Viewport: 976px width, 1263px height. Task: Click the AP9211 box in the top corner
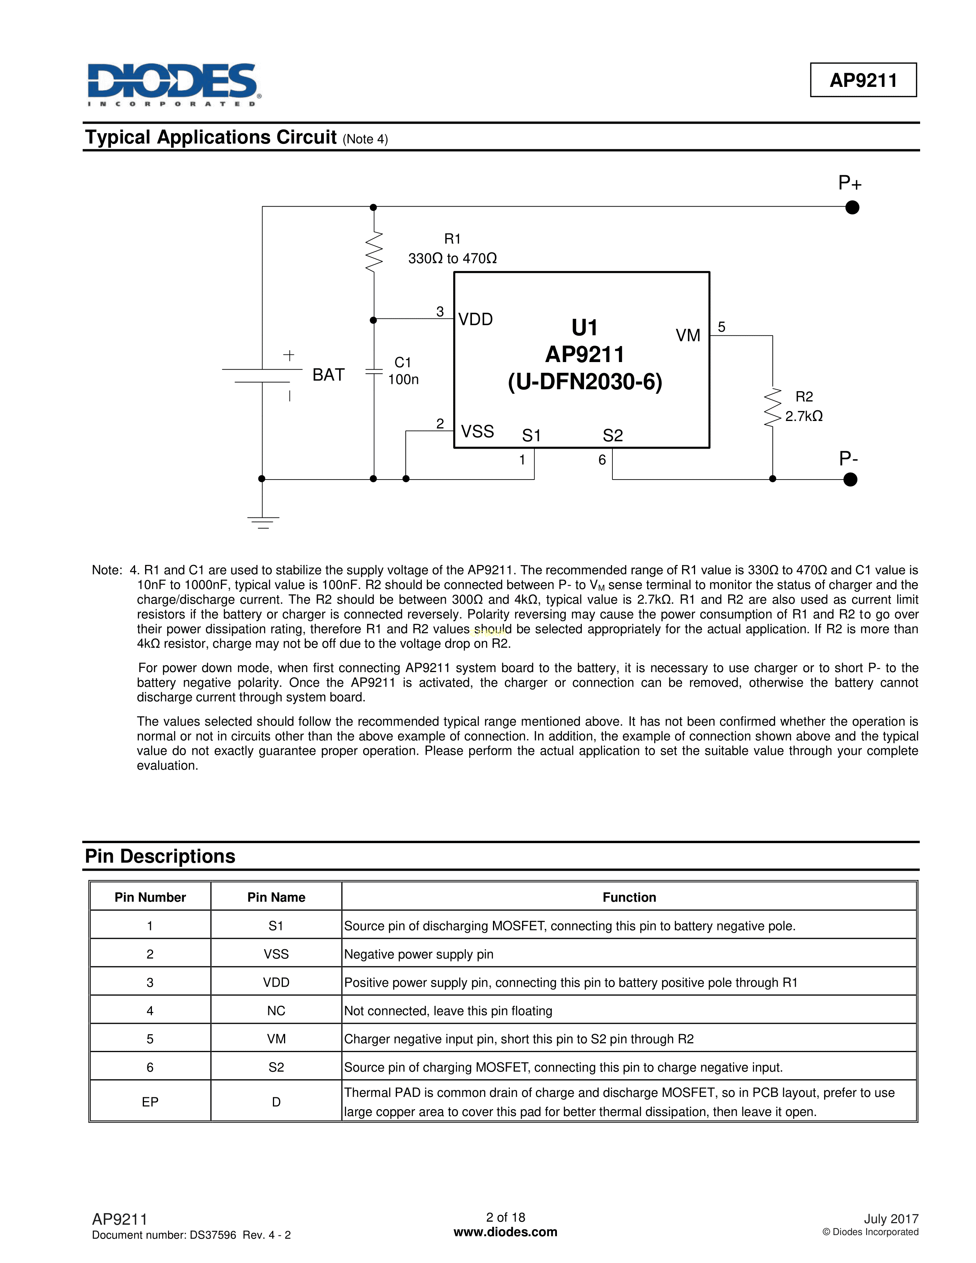[x=863, y=80]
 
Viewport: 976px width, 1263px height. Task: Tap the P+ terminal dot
[x=852, y=207]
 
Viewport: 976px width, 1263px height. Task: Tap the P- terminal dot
[x=850, y=480]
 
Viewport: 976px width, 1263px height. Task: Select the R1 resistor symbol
[x=374, y=251]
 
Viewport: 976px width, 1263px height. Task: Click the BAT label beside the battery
[x=328, y=375]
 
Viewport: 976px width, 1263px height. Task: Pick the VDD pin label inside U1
[x=475, y=319]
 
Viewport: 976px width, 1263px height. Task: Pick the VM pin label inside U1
[x=687, y=335]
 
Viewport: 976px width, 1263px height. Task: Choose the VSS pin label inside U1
[x=477, y=431]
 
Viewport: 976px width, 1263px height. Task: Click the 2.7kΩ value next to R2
[x=804, y=416]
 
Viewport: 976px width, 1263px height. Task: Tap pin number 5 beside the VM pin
[x=721, y=327]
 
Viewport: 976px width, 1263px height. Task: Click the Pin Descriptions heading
[x=160, y=856]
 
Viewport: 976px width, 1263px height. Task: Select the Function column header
[x=629, y=897]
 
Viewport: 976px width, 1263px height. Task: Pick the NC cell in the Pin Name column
[x=276, y=1010]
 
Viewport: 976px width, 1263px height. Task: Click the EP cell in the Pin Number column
[x=150, y=1101]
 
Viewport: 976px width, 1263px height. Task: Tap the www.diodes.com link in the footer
[x=505, y=1232]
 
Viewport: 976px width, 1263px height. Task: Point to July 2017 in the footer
[x=891, y=1219]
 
